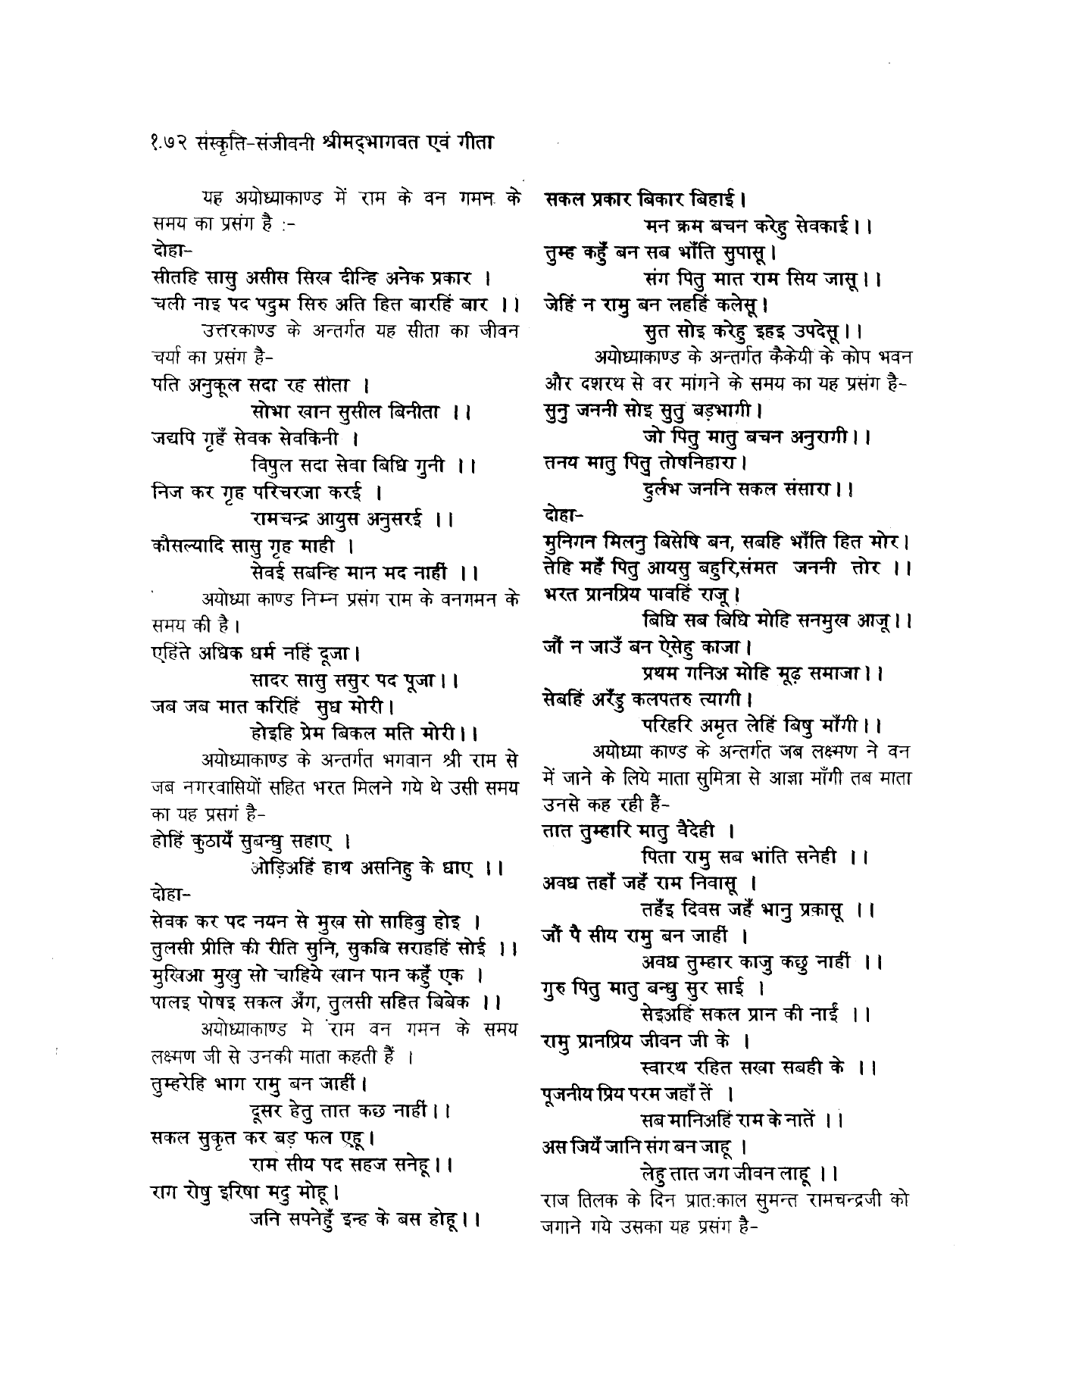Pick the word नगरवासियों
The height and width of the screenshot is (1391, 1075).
[230, 786]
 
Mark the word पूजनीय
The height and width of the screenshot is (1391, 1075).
[568, 1094]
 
